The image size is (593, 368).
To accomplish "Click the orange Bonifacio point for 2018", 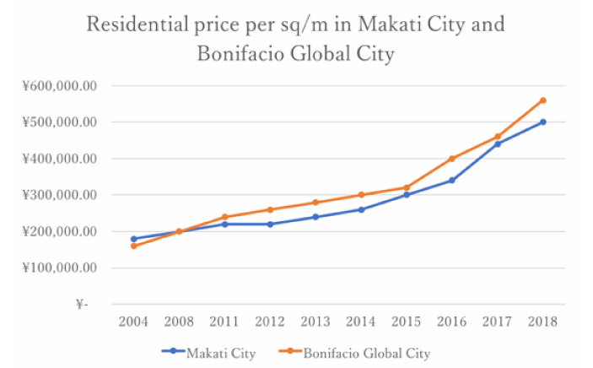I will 543,100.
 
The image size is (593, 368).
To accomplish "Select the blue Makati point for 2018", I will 543,122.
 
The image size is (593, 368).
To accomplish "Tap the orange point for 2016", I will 452,159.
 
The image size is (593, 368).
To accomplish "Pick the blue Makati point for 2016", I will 452,180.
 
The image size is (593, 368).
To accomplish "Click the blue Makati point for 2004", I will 134,239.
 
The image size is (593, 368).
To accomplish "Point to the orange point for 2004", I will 134,246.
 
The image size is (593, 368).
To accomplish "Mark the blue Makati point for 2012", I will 270,224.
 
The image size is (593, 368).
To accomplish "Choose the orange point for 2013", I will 315,203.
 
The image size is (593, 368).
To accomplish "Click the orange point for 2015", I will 407,187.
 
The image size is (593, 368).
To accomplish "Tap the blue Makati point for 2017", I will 498,143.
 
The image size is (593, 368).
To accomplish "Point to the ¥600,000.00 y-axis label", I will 60,85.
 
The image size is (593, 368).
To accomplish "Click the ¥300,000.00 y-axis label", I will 60,195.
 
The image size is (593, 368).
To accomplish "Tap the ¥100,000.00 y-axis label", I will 60,268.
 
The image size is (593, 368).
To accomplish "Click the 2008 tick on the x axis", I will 180,321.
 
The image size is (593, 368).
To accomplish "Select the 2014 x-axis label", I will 361,321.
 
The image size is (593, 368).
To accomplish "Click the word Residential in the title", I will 137,24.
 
